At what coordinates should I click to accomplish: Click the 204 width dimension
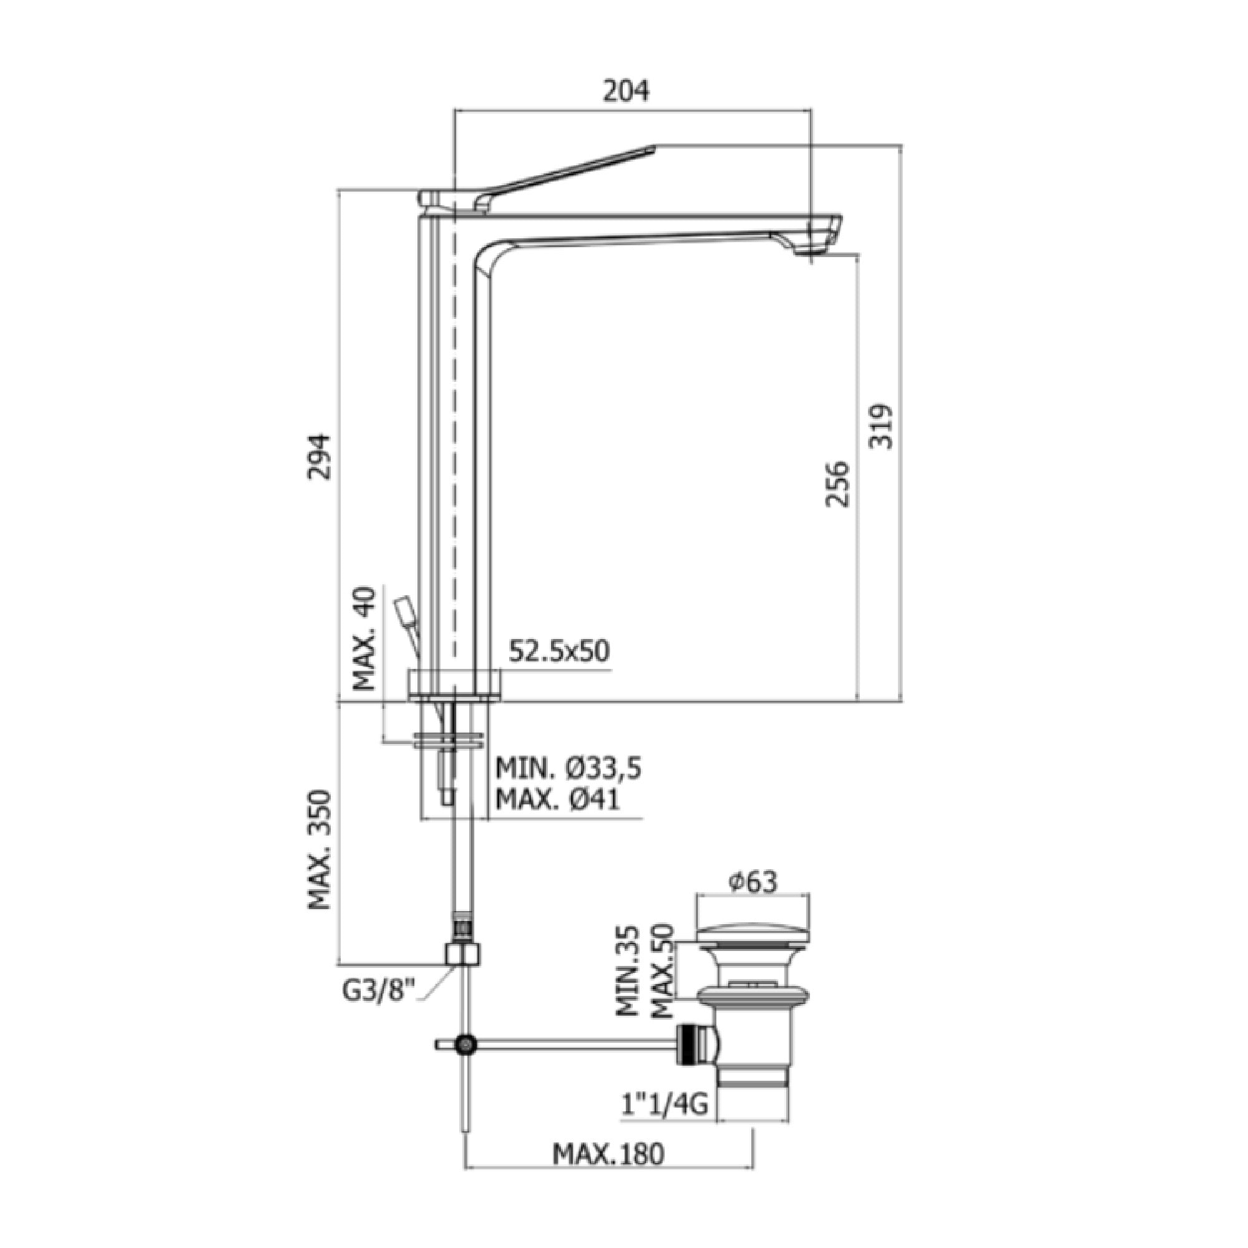pos(625,92)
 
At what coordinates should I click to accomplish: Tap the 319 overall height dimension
pos(881,426)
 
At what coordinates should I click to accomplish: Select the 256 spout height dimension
pos(839,484)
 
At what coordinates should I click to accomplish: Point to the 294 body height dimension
pos(318,457)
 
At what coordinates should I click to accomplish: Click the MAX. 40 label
pos(365,638)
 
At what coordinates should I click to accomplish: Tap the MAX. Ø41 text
pos(557,800)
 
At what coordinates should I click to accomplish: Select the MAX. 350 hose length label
pos(319,850)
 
